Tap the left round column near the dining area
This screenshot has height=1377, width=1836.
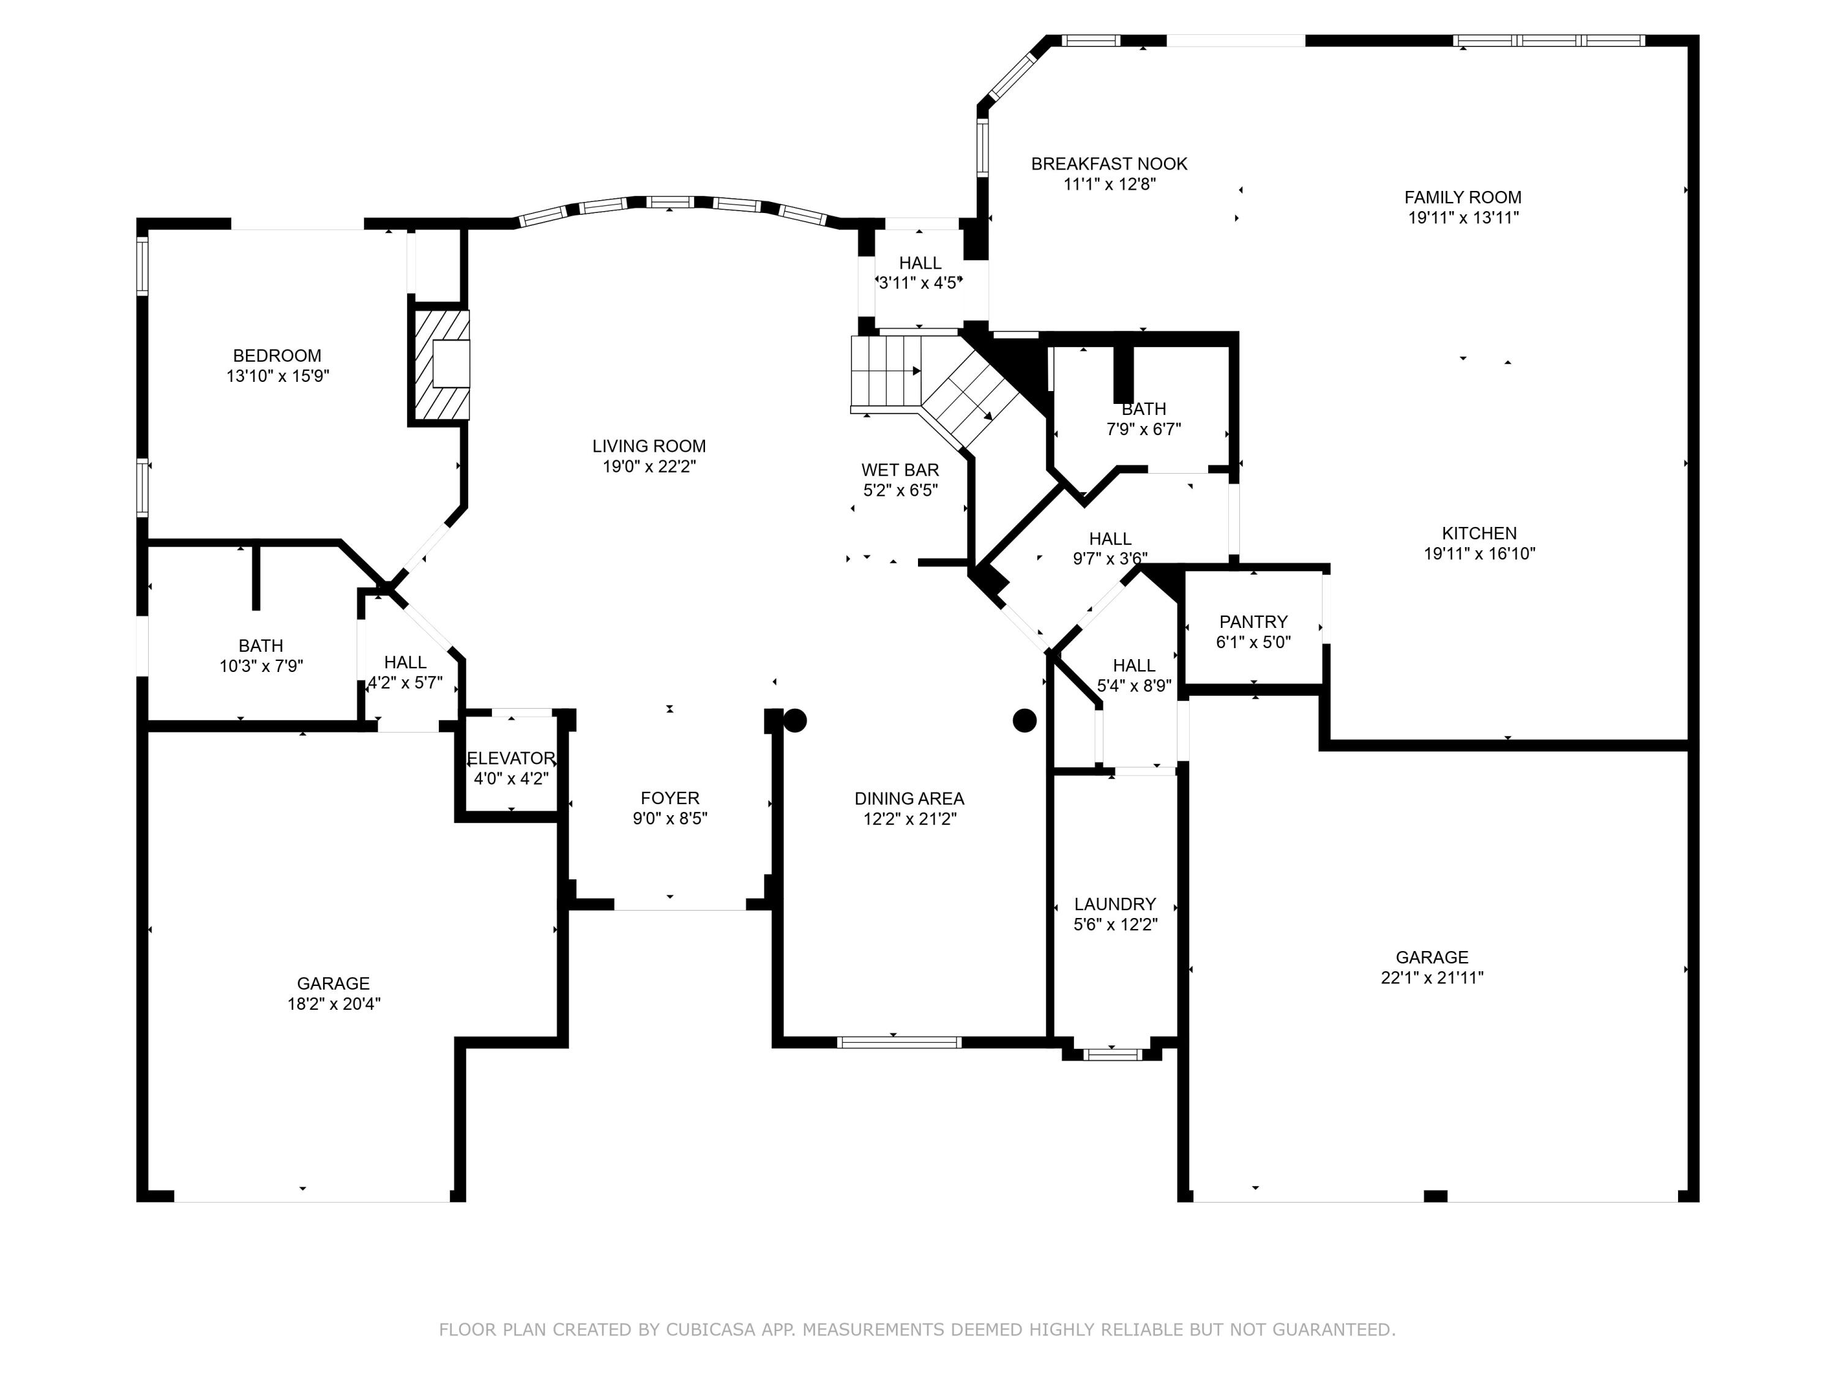(x=795, y=720)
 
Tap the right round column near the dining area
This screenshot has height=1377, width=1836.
(x=1025, y=720)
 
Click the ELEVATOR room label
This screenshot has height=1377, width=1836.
(x=510, y=758)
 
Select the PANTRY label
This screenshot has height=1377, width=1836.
(x=1253, y=622)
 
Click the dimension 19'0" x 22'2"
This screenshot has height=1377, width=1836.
(x=649, y=466)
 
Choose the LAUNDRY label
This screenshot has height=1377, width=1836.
(x=1114, y=904)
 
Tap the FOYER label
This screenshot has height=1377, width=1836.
(x=670, y=797)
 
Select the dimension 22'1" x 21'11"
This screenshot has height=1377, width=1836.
(x=1432, y=978)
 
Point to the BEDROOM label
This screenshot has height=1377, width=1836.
(x=277, y=355)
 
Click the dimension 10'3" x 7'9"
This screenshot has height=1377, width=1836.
(x=261, y=666)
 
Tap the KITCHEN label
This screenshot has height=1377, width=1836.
(x=1479, y=534)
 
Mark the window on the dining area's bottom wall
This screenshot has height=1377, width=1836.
(x=899, y=1042)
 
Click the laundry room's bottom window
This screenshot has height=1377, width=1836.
(x=1113, y=1055)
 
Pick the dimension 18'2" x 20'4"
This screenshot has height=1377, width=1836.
(x=334, y=1004)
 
